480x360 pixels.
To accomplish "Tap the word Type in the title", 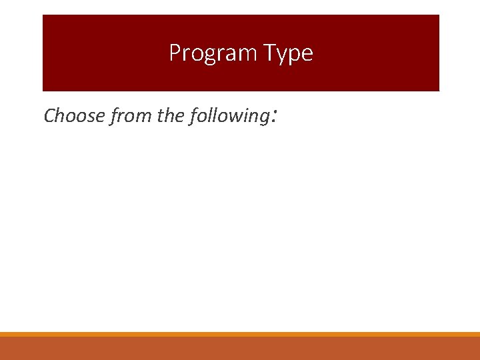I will (287, 53).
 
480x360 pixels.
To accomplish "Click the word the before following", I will (171, 116).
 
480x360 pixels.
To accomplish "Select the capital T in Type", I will (270, 52).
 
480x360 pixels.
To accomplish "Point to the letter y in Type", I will (283, 55).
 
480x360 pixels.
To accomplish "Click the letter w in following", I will (238, 117).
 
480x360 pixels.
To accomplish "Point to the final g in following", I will (263, 119).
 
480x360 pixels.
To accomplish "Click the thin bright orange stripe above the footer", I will (240, 334).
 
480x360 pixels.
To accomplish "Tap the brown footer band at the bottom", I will (240, 348).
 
